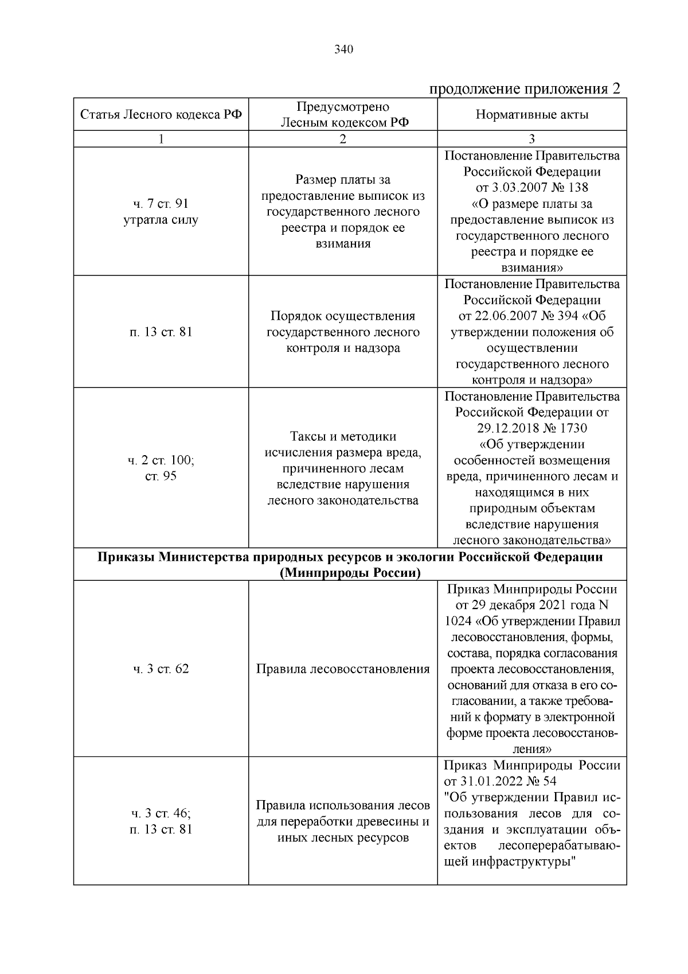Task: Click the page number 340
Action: pyautogui.click(x=343, y=49)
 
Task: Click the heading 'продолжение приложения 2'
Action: pyautogui.click(x=525, y=89)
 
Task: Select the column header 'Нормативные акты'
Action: pyautogui.click(x=531, y=115)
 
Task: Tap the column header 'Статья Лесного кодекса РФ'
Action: pyautogui.click(x=161, y=115)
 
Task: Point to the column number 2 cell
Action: pyautogui.click(x=343, y=139)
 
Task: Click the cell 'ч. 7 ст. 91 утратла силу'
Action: pyautogui.click(x=161, y=212)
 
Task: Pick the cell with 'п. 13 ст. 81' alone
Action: pyautogui.click(x=161, y=332)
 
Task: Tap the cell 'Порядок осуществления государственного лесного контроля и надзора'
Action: pyautogui.click(x=343, y=332)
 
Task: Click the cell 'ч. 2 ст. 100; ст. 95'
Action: pyautogui.click(x=161, y=468)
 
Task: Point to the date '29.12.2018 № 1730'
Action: pyautogui.click(x=531, y=428)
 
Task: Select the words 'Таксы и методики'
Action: pyautogui.click(x=343, y=437)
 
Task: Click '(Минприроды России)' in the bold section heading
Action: pyautogui.click(x=350, y=573)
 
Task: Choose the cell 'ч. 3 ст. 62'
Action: pyautogui.click(x=161, y=669)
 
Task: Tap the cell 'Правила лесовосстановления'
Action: pyautogui.click(x=343, y=669)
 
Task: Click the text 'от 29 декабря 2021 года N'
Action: pyautogui.click(x=531, y=605)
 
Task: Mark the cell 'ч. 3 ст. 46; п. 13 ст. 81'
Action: pyautogui.click(x=161, y=821)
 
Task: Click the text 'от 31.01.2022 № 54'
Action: pyautogui.click(x=500, y=781)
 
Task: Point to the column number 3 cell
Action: pyautogui.click(x=531, y=139)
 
